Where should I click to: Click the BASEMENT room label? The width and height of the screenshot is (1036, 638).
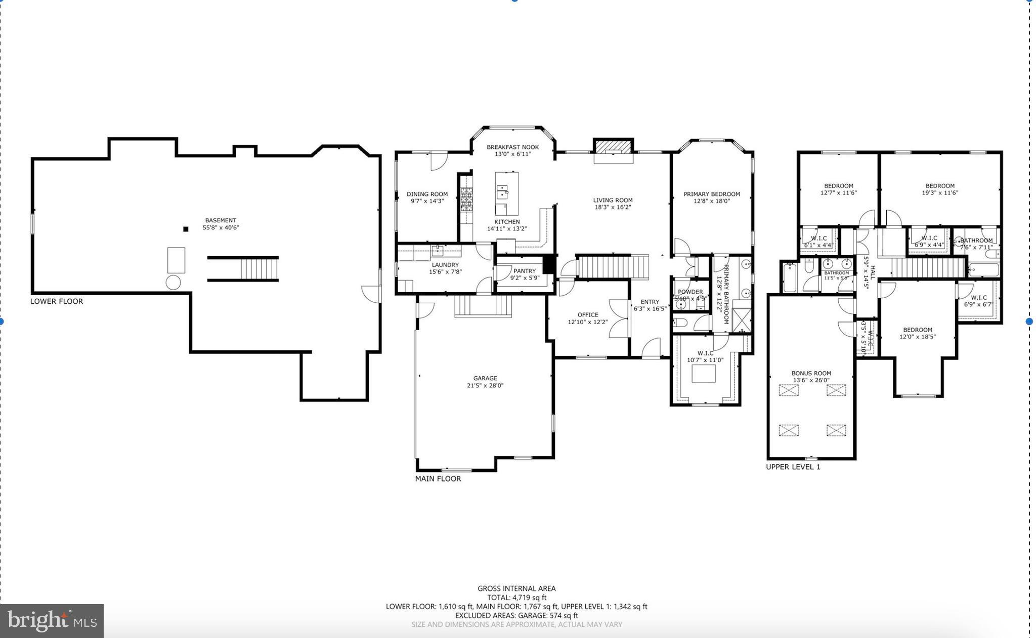(x=220, y=220)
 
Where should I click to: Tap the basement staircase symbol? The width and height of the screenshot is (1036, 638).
(x=258, y=269)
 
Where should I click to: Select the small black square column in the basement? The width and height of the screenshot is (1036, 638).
(x=186, y=229)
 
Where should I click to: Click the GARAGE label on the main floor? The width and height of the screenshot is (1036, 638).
(x=485, y=378)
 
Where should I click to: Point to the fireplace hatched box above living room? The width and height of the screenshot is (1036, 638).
(x=613, y=146)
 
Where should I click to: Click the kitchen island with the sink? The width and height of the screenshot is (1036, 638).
(x=506, y=193)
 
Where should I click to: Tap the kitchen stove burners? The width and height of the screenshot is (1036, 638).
(x=466, y=200)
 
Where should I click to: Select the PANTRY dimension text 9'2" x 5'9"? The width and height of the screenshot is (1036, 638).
(x=525, y=278)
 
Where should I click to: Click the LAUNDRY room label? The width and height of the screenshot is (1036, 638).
(x=445, y=265)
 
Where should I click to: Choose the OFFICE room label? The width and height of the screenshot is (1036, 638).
(x=587, y=314)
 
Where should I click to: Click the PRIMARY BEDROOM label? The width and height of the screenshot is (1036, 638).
(x=711, y=194)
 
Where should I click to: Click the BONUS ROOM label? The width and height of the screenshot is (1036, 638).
(x=811, y=373)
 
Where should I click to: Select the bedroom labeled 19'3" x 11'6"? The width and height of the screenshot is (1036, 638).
(x=940, y=189)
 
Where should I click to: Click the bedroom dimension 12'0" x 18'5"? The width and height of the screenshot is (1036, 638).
(x=917, y=337)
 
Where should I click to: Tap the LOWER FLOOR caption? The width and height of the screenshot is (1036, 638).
(x=57, y=301)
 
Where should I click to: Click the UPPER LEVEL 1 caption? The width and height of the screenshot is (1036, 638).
(x=793, y=467)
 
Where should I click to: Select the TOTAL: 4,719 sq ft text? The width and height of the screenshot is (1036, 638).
(x=516, y=597)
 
